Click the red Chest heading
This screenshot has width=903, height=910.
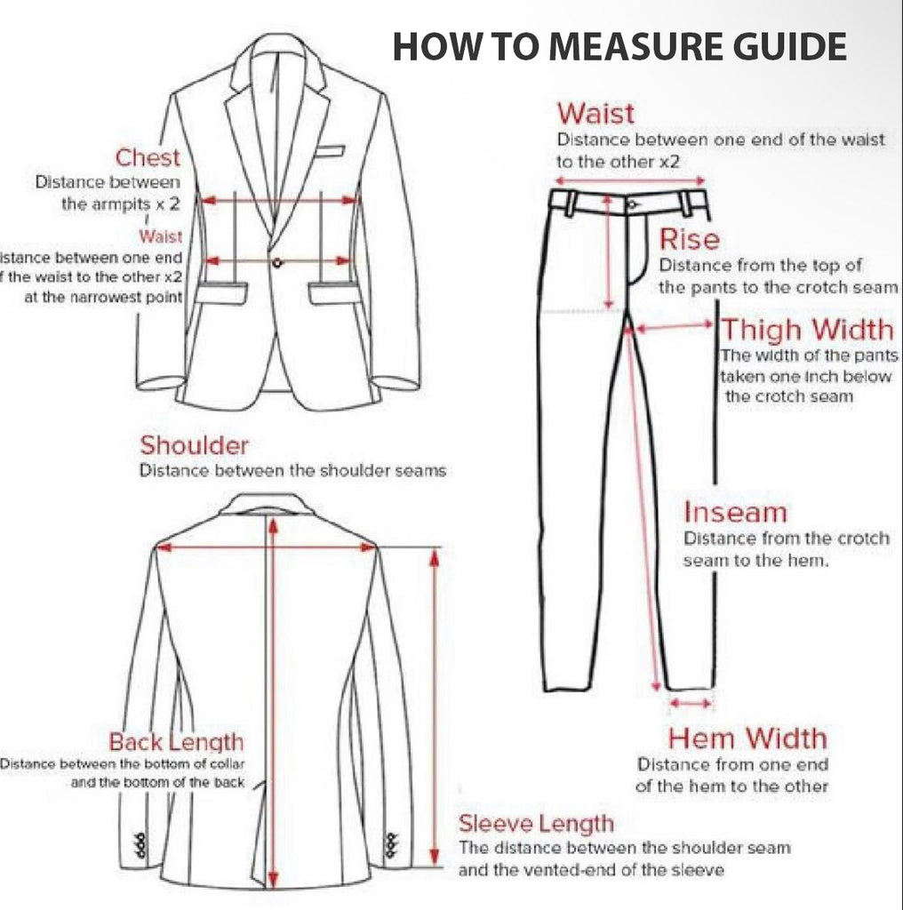click(x=148, y=158)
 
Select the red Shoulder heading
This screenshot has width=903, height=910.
click(x=195, y=444)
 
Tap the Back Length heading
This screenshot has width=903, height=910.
click(x=176, y=741)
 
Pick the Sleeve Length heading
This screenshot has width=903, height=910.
click(x=536, y=823)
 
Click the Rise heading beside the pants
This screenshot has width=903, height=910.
click(x=689, y=239)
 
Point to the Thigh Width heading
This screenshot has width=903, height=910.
click(x=807, y=330)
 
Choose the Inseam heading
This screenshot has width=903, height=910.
click(x=735, y=513)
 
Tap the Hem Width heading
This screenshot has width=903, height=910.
click(x=747, y=738)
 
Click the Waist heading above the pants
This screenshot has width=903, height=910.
click(x=595, y=114)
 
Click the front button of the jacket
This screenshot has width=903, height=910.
click(x=277, y=261)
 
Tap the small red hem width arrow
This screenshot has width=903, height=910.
click(x=691, y=703)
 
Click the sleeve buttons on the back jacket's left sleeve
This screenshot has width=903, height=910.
click(x=140, y=844)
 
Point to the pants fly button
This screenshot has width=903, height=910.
click(x=631, y=204)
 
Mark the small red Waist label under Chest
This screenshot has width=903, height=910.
click(x=160, y=236)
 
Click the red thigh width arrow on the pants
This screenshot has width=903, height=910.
click(x=672, y=327)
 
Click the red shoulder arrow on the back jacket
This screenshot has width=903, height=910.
click(x=267, y=548)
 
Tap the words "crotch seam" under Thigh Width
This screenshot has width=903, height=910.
click(x=789, y=396)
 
